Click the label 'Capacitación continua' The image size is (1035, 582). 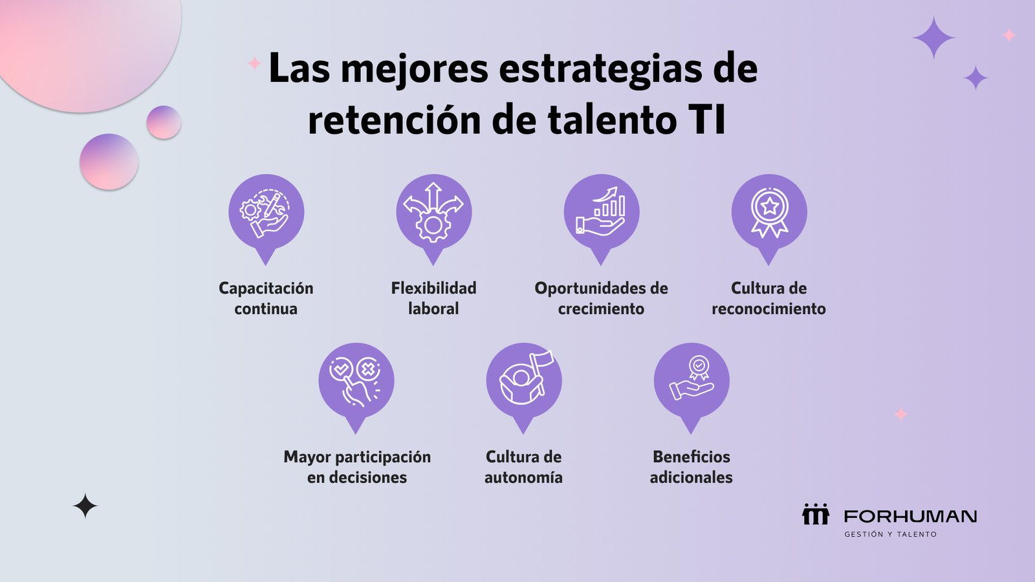tap(266, 298)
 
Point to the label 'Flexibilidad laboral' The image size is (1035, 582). tap(434, 298)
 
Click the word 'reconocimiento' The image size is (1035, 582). tap(769, 308)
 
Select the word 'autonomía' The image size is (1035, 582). tap(523, 477)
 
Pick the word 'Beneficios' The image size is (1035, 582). tap(692, 457)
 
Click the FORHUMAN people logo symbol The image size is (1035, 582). tap(816, 514)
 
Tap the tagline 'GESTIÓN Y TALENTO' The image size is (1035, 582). tap(890, 534)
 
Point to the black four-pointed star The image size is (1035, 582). tap(85, 506)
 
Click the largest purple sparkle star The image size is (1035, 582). tap(934, 38)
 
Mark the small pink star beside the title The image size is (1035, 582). tap(254, 63)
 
